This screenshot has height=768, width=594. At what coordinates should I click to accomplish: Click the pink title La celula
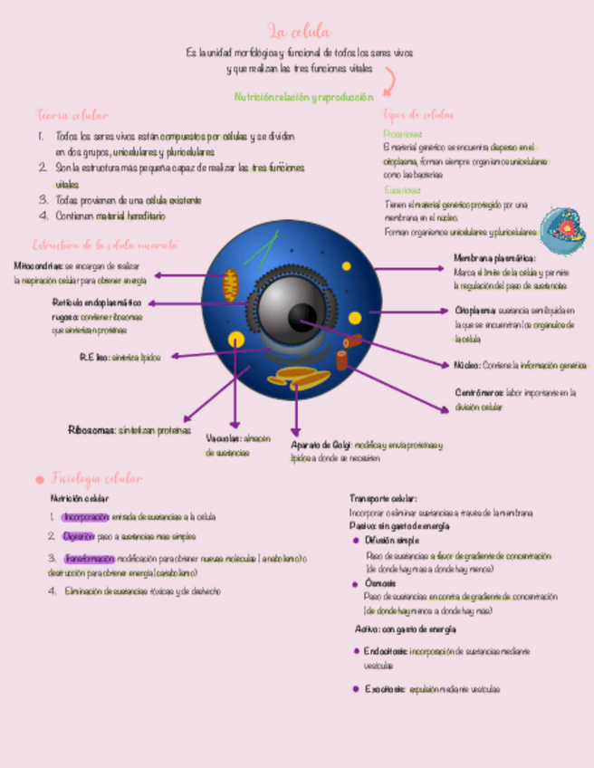[299, 33]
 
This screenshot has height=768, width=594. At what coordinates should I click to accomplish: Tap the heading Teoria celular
[72, 115]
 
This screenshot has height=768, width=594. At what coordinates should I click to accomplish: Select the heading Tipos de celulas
[418, 115]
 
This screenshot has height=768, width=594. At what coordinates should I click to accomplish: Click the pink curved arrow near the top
[388, 81]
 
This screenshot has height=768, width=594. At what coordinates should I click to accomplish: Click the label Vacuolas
[223, 438]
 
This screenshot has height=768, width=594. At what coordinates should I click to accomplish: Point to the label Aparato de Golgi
[321, 446]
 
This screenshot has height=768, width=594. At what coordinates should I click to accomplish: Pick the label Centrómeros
[478, 393]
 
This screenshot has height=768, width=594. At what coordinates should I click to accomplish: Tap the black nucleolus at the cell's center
[302, 317]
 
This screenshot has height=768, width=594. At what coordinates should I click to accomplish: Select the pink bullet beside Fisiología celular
[39, 479]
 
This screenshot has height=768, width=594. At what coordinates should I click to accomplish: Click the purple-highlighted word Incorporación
[86, 516]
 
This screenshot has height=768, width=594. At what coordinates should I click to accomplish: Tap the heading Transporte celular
[383, 498]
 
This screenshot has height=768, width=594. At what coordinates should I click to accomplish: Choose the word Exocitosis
[386, 689]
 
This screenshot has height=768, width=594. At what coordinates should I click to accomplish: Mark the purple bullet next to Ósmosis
[357, 585]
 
